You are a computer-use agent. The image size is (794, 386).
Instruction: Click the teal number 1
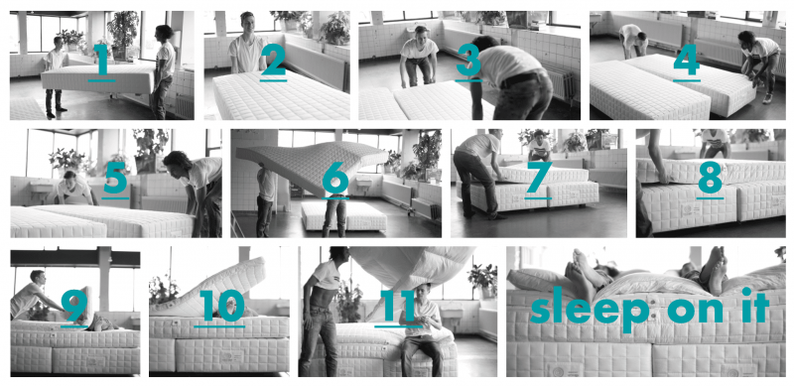(103, 59)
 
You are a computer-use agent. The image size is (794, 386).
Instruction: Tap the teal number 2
(274, 59)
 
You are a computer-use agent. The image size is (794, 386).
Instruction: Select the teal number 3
(468, 59)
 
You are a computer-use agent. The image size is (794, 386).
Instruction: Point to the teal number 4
(687, 59)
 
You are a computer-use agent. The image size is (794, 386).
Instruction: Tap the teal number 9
(74, 306)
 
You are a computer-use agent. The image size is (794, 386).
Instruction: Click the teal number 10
(220, 306)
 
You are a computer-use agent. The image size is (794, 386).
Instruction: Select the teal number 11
(398, 306)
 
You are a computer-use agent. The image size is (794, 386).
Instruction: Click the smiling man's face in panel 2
(247, 24)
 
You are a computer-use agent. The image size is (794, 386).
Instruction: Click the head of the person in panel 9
(38, 277)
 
